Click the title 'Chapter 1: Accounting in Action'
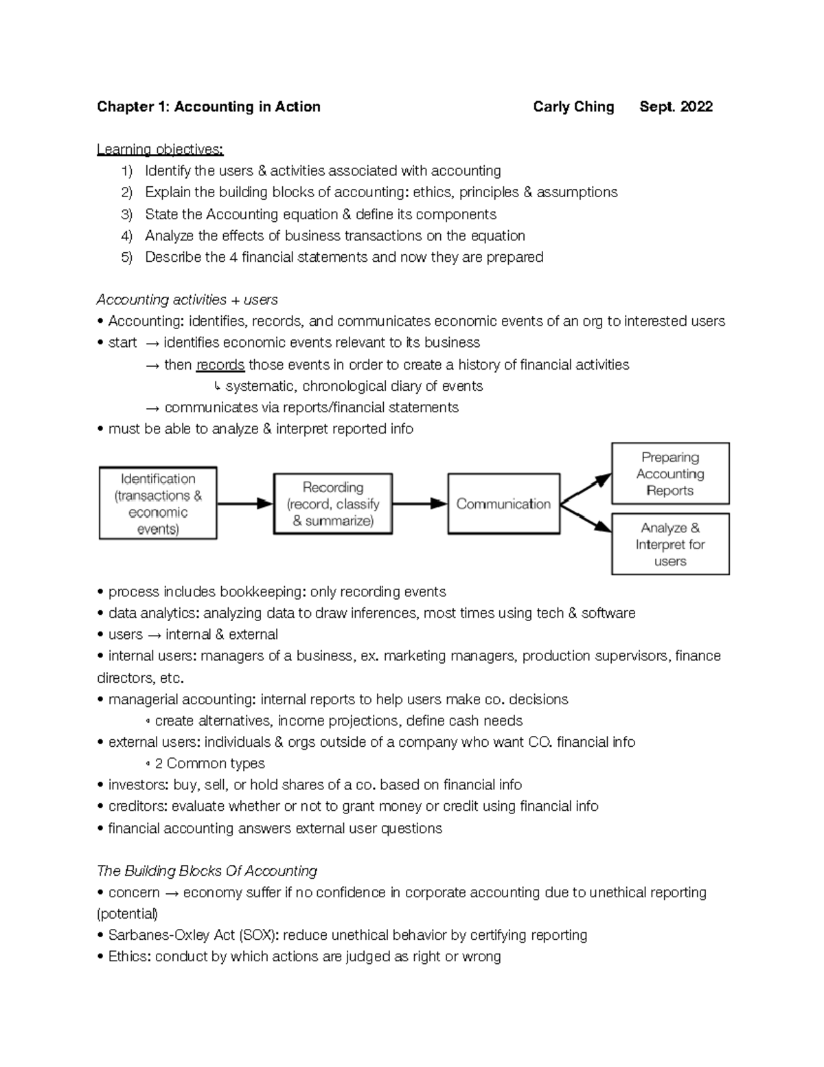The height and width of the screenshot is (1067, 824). click(208, 106)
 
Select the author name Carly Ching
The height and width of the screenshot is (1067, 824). click(573, 106)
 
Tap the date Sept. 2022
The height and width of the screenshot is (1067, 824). click(676, 106)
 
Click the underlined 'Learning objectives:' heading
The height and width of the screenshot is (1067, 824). click(160, 149)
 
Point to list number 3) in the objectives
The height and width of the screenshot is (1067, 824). click(126, 214)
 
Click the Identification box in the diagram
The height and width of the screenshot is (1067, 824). click(158, 503)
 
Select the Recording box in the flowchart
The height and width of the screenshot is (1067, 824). click(333, 504)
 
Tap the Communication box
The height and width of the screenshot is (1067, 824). click(503, 504)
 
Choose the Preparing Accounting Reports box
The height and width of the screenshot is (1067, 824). click(669, 473)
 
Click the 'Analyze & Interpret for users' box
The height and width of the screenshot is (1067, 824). click(669, 544)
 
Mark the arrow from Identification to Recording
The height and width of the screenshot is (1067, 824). click(245, 504)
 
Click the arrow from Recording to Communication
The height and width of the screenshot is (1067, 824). click(420, 504)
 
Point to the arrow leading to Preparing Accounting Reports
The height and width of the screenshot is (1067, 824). click(586, 489)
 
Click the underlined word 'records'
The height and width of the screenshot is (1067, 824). click(220, 365)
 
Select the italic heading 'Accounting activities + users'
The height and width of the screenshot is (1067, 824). click(187, 300)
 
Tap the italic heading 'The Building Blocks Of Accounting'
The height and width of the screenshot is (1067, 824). click(207, 871)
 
